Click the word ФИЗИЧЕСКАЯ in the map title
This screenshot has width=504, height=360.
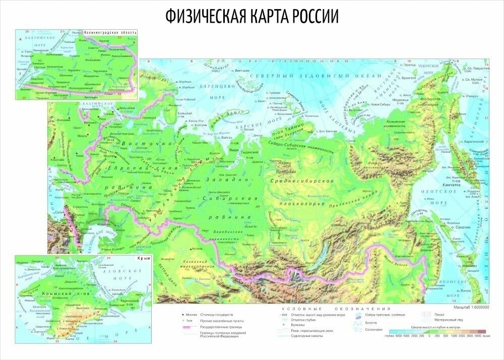(x=205, y=17)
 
